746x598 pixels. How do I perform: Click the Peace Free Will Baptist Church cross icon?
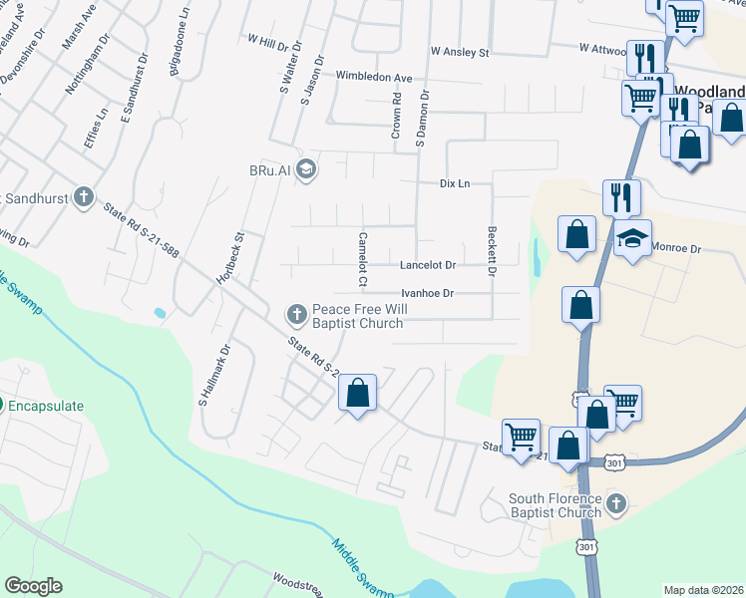(x=296, y=315)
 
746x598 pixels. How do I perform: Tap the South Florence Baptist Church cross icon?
(x=616, y=504)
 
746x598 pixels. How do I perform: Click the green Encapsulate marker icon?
(x=2, y=406)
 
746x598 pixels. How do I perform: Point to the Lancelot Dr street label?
(x=427, y=265)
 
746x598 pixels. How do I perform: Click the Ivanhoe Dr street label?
(x=427, y=293)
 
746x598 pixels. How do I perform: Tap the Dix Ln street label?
(x=454, y=184)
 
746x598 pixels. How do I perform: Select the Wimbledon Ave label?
(x=374, y=77)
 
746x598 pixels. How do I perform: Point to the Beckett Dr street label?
(x=492, y=249)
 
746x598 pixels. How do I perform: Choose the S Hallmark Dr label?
(x=213, y=375)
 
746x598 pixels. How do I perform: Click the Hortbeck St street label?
(x=230, y=258)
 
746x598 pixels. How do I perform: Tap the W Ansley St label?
(x=460, y=50)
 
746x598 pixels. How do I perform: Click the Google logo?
(x=33, y=586)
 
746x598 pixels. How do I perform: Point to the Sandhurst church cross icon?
(x=85, y=197)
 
